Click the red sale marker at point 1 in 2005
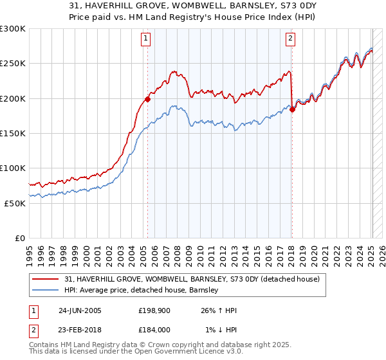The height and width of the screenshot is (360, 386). click(148, 99)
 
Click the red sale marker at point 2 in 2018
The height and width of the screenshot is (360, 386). click(292, 109)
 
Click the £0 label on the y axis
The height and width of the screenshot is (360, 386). click(19, 238)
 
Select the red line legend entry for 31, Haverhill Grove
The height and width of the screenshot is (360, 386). click(196, 279)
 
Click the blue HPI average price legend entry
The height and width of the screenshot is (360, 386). click(142, 291)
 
